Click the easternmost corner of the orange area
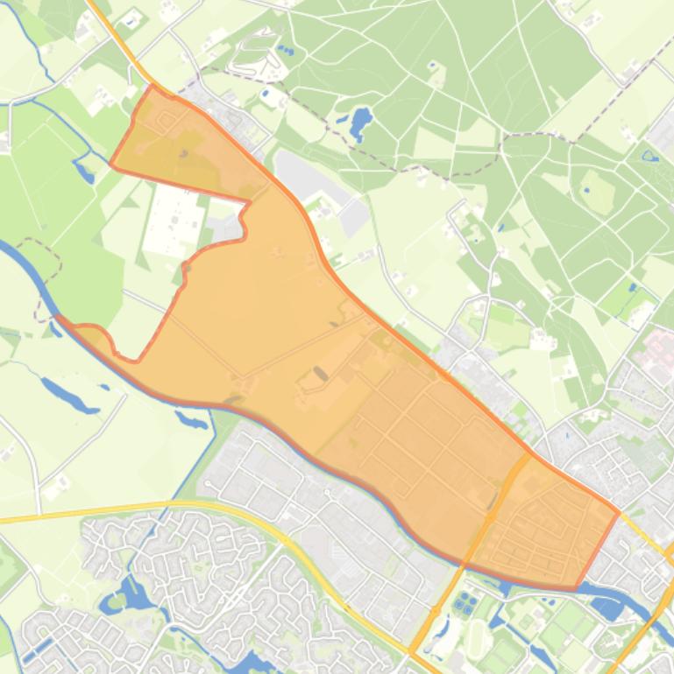pyautogui.click(x=619, y=512)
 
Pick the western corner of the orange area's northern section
pyautogui.click(x=111, y=163)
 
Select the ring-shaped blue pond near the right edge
pyautogui.click(x=649, y=157)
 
